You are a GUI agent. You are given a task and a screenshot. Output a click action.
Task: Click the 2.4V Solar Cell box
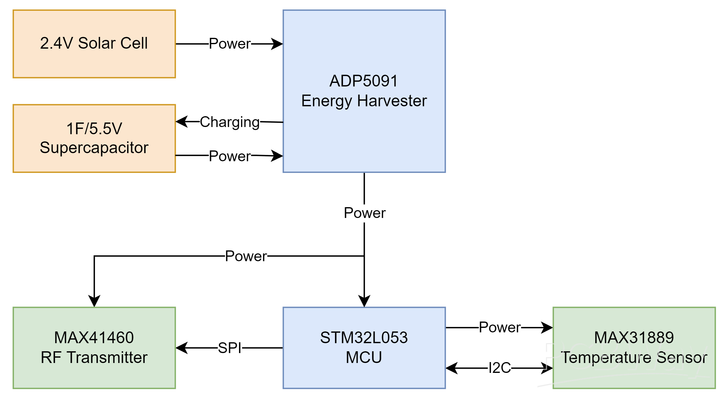point(94,44)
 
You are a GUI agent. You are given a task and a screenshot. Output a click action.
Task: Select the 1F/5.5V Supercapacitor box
point(94,138)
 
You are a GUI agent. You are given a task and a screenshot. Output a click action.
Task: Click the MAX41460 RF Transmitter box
point(94,348)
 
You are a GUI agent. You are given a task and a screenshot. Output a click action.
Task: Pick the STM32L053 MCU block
point(364,348)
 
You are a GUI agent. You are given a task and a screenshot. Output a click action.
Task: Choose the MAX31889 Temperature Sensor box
point(634,348)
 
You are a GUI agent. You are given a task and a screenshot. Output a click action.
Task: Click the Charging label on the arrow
point(229,122)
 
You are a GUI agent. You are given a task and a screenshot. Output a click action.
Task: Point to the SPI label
point(229,348)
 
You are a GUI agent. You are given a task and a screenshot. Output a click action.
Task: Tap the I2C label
point(499,367)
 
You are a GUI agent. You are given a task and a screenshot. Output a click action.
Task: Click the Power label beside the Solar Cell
point(229,44)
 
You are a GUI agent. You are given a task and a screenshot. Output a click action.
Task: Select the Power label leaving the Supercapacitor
point(229,156)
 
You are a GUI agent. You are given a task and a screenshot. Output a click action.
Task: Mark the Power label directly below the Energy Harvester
point(364,213)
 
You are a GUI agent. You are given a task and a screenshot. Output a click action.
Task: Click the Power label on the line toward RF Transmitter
point(246,256)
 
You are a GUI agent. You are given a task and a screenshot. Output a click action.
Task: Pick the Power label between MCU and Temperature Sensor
point(499,327)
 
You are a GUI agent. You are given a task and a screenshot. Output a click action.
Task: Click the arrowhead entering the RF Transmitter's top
point(94,301)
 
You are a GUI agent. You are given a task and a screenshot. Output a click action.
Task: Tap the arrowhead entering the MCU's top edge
point(364,301)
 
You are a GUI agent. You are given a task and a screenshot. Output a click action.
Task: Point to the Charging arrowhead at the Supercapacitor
point(181,122)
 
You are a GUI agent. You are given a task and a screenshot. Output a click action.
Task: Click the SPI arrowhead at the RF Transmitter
point(181,348)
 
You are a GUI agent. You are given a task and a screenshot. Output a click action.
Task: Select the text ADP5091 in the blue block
point(364,81)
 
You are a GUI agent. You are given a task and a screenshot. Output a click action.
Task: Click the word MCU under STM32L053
point(364,357)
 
